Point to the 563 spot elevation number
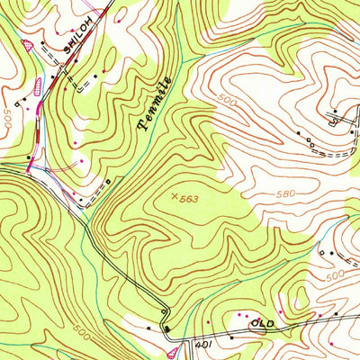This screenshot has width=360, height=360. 187,198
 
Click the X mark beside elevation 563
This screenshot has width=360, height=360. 173,194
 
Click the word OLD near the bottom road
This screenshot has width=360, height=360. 262,321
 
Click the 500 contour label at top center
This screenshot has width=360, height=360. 226,103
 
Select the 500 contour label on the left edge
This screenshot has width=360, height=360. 7,116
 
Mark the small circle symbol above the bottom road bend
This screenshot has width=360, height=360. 166,310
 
